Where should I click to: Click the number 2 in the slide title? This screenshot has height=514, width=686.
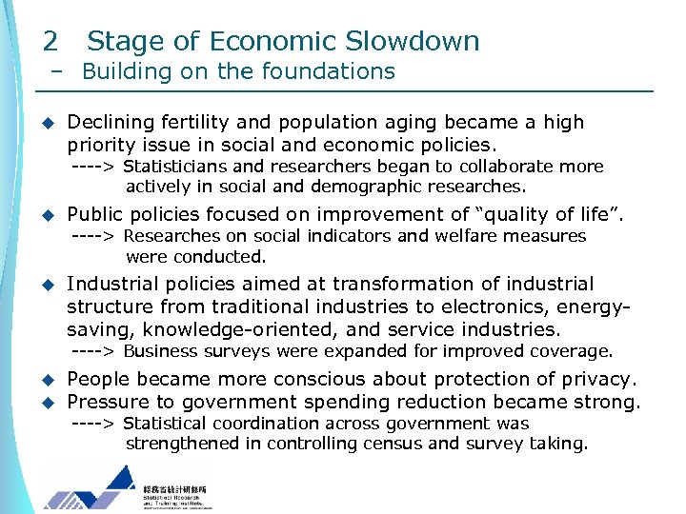point(50,42)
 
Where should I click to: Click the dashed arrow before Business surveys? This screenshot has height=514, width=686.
point(95,352)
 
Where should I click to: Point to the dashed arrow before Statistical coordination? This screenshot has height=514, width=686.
point(95,424)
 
